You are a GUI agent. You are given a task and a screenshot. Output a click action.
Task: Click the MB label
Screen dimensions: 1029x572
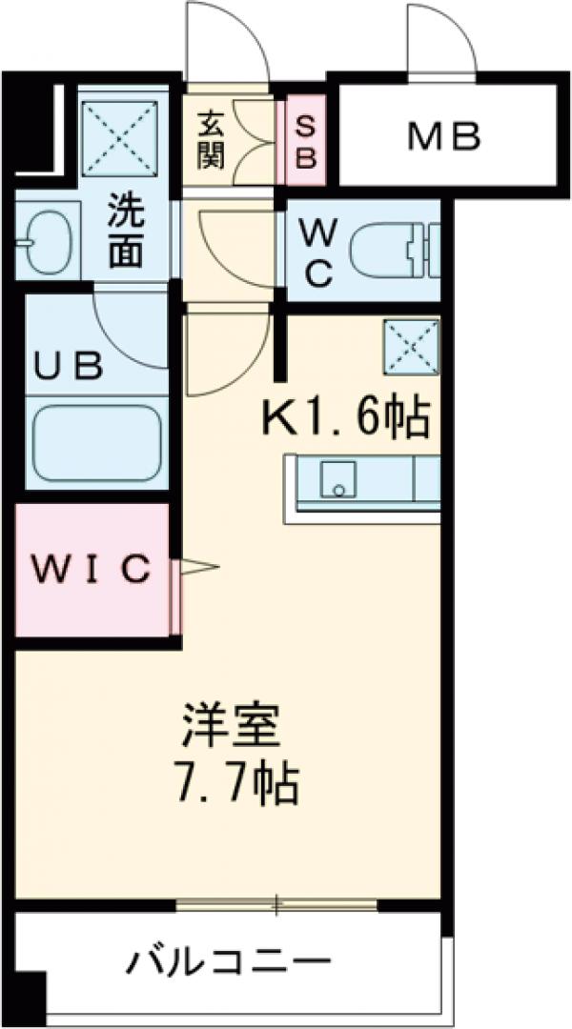[444, 137]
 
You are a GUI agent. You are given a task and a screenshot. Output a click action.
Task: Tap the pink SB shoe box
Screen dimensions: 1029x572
[305, 141]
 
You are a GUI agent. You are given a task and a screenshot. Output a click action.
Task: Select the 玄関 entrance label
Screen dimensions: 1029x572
[211, 141]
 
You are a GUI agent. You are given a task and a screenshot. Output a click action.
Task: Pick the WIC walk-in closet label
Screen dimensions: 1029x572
[92, 569]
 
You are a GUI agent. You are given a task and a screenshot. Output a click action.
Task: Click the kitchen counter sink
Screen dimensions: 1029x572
[337, 477]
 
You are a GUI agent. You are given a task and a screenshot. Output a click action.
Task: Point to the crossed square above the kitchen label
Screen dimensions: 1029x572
[410, 349]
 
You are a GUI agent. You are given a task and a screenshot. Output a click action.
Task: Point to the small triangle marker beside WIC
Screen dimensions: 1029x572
[198, 569]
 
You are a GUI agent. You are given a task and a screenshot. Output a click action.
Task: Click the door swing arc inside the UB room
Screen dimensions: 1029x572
[133, 329]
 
